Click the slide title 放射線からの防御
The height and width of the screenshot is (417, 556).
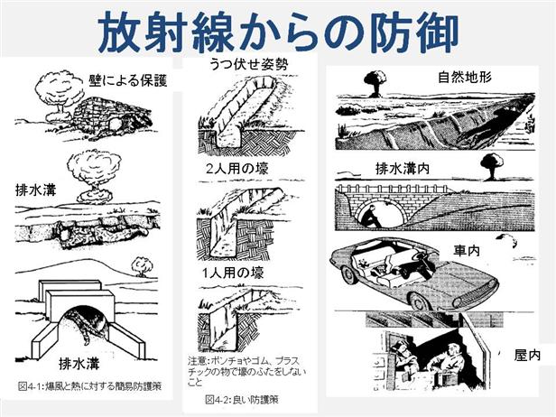click(x=278, y=33)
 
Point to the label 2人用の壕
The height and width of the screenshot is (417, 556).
click(x=238, y=170)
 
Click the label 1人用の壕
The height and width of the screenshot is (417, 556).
click(x=237, y=273)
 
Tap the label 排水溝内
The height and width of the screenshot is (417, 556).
click(x=401, y=169)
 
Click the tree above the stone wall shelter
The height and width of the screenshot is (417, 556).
click(x=56, y=88)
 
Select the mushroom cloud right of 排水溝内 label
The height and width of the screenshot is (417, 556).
click(x=491, y=165)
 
